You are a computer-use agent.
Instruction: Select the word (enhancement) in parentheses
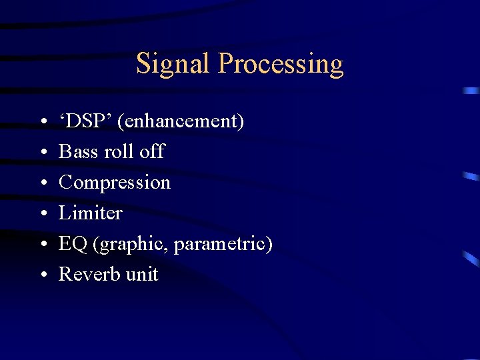tap(181, 122)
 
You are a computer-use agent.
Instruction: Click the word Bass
tap(78, 152)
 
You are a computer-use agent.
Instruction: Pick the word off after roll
tap(152, 152)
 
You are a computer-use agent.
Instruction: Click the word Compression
tap(115, 183)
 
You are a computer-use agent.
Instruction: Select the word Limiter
tap(91, 213)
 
